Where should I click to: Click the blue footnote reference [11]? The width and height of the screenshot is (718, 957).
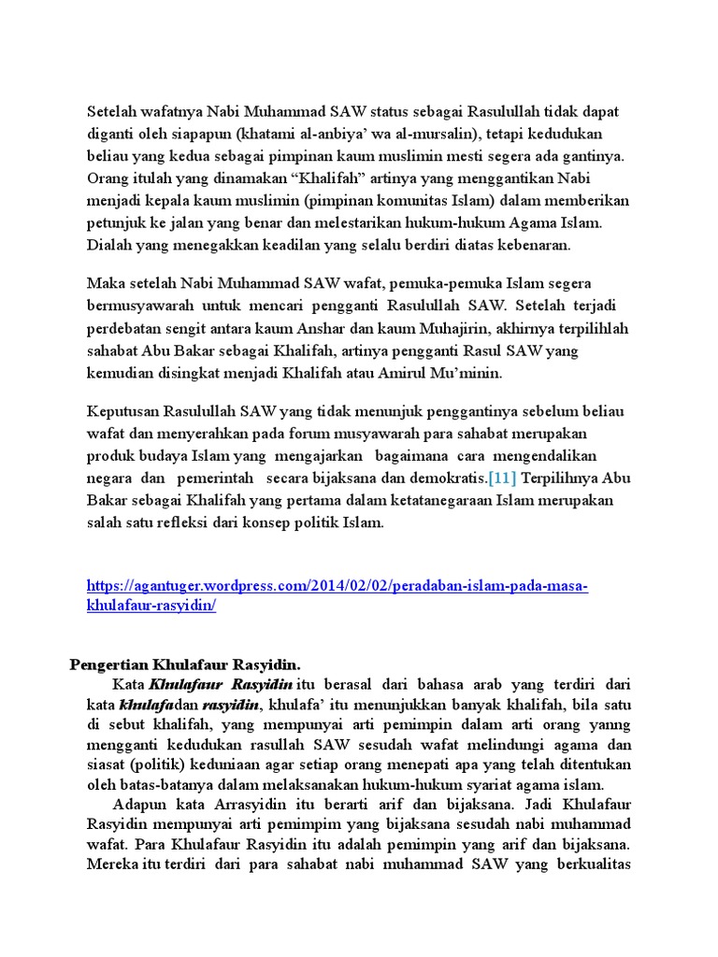pyautogui.click(x=504, y=478)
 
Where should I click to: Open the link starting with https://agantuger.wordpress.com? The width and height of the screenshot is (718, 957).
pyautogui.click(x=337, y=586)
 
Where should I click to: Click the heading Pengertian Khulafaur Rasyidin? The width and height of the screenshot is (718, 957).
pyautogui.click(x=185, y=664)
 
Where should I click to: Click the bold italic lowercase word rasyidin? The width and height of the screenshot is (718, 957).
pyautogui.click(x=230, y=705)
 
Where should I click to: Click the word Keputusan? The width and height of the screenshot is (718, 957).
pyautogui.click(x=122, y=411)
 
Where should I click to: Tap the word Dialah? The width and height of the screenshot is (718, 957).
pyautogui.click(x=109, y=246)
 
